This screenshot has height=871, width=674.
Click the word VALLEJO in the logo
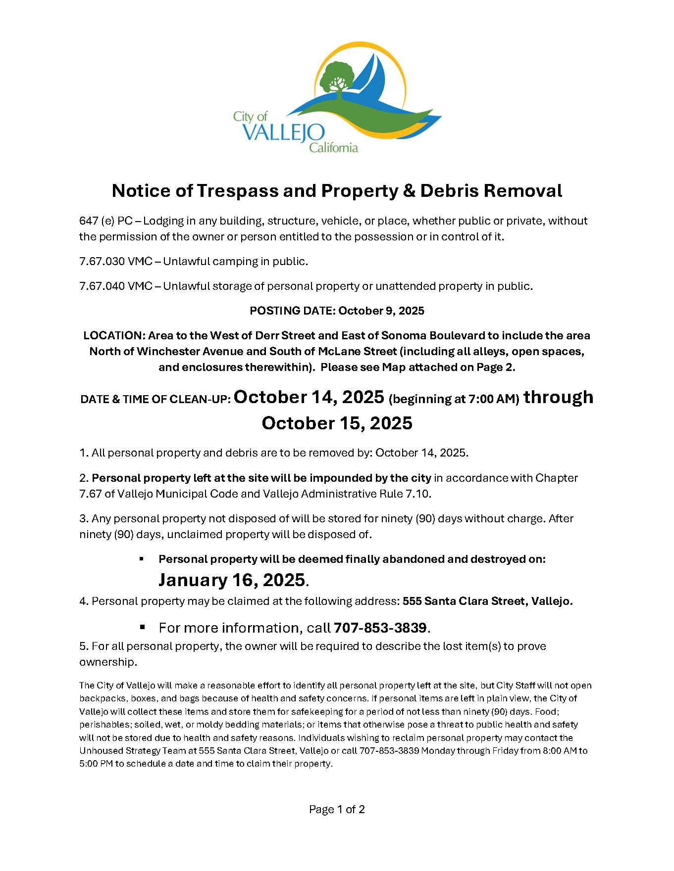tap(283, 133)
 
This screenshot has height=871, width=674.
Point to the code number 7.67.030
tap(102, 261)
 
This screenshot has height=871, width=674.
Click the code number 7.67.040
tap(102, 286)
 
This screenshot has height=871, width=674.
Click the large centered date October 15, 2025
tap(337, 423)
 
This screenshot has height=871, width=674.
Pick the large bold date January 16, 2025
tap(232, 580)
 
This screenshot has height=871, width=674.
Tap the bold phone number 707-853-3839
tap(380, 628)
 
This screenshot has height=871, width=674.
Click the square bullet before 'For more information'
tap(142, 627)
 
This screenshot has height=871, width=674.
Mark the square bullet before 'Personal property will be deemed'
tap(142, 559)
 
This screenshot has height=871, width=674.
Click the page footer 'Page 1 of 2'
tap(337, 809)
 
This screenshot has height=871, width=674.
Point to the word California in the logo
tap(333, 147)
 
